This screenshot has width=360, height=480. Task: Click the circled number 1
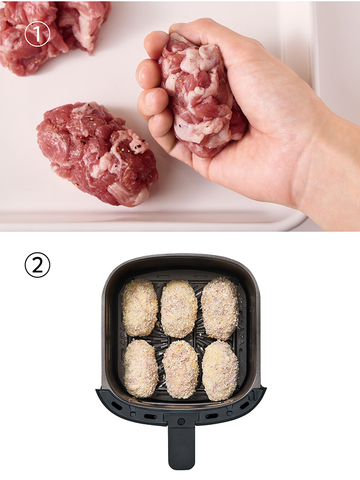(x=37, y=34)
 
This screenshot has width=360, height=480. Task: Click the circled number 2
(x=37, y=265)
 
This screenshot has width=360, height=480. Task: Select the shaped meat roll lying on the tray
(x=97, y=153)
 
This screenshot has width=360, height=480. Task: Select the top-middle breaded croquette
(x=179, y=309)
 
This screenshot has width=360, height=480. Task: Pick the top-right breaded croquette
(x=219, y=308)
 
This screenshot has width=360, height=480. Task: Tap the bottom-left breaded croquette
(x=141, y=368)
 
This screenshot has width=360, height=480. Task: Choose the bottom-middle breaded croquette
(x=180, y=369)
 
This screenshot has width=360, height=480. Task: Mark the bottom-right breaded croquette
(x=220, y=371)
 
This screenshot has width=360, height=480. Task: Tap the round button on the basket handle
(x=181, y=421)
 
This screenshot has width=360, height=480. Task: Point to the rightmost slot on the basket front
(x=245, y=406)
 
